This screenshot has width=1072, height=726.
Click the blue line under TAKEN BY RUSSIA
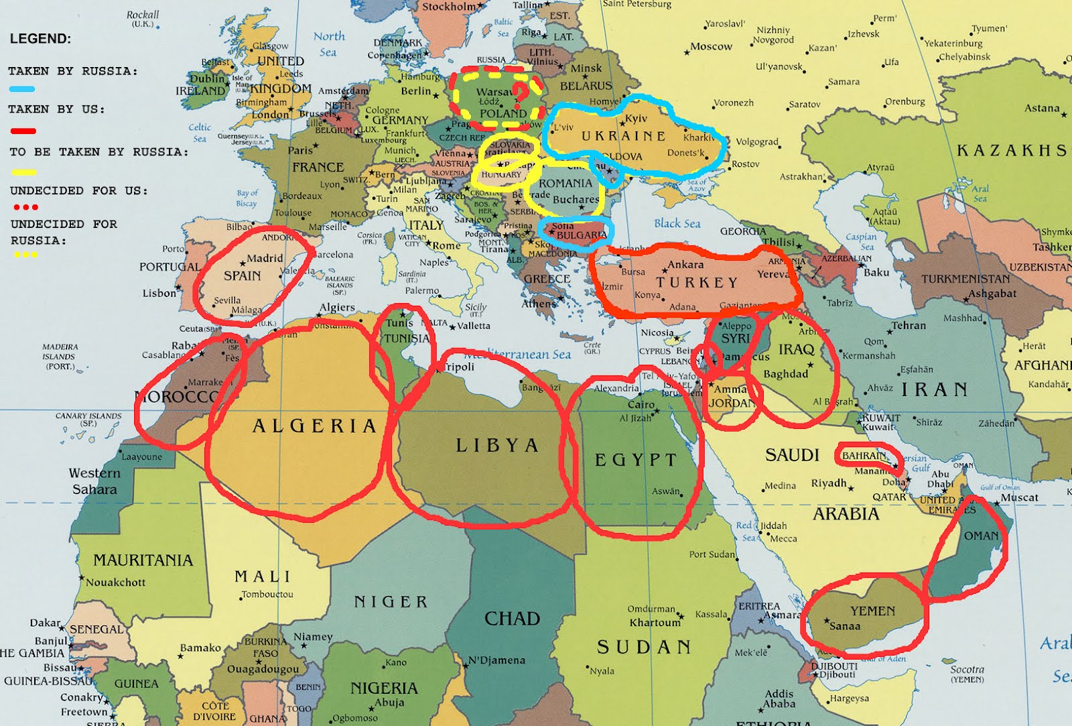(x=22, y=88)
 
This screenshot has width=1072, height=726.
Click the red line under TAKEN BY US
(x=23, y=131)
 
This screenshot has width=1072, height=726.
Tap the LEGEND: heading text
(x=40, y=39)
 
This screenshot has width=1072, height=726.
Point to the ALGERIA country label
(x=314, y=426)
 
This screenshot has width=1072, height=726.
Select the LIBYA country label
(x=497, y=446)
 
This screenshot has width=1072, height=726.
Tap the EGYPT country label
(x=636, y=460)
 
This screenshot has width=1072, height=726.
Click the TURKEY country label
(x=697, y=283)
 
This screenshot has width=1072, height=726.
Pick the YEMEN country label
(x=872, y=611)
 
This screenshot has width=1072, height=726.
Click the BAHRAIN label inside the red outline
(x=864, y=456)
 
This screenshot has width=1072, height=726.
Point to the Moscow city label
(x=711, y=47)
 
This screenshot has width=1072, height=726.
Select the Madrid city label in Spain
(x=265, y=258)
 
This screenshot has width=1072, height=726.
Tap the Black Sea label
(x=677, y=223)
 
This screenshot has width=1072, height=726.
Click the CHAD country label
(x=512, y=618)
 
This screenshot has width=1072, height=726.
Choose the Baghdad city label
(x=785, y=374)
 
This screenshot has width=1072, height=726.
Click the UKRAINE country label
(x=623, y=136)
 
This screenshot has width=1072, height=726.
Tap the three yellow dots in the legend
(x=25, y=255)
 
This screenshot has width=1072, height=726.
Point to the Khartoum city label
(x=655, y=623)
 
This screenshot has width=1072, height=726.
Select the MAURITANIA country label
(x=143, y=560)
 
